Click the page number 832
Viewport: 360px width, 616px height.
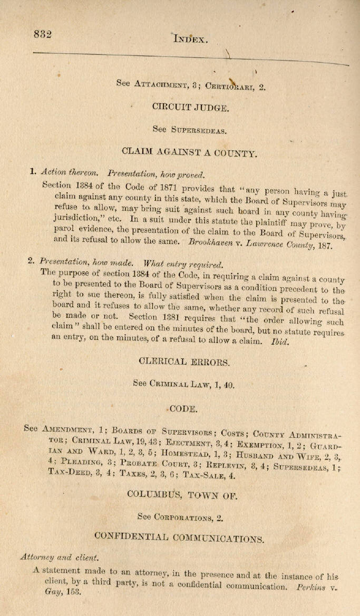[43, 35]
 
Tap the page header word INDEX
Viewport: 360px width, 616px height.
[191, 38]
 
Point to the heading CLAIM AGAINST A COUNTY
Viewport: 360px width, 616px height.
[189, 153]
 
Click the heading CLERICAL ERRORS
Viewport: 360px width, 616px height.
[184, 362]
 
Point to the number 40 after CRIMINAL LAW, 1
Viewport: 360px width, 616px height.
[228, 385]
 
